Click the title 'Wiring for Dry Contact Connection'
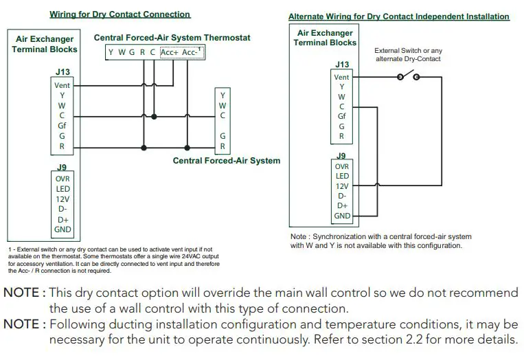119,14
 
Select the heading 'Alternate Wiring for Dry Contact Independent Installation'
398,16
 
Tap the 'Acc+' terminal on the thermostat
169,52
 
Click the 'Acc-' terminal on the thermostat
192,52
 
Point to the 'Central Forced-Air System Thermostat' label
172,38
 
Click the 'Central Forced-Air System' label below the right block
227,161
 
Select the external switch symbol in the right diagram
407,77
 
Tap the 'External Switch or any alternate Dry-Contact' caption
408,55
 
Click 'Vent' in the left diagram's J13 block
62,85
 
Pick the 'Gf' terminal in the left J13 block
62,126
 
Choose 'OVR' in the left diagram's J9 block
62,178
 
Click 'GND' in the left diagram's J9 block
62,229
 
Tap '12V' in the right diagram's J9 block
342,185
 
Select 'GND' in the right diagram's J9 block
342,216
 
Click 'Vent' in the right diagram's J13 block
341,77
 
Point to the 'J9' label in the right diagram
341,155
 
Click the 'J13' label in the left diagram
62,71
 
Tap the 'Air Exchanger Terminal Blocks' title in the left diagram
46,45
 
